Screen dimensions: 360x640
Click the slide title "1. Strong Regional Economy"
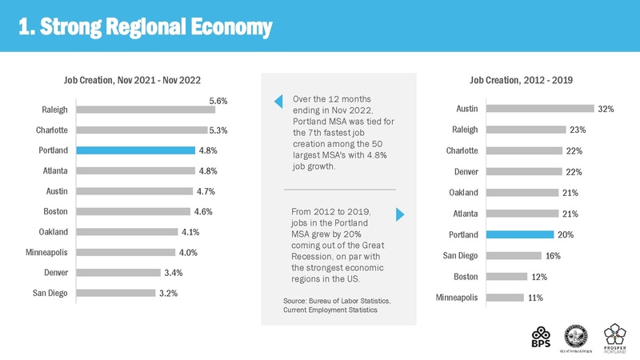tap(146, 26)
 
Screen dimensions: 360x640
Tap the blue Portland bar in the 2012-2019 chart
tap(519, 234)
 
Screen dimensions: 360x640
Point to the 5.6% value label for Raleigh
tap(218, 101)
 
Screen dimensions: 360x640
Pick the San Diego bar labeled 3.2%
tap(117, 293)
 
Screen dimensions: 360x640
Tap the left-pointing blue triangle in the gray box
tap(278, 101)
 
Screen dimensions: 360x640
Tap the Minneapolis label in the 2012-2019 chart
tap(457, 298)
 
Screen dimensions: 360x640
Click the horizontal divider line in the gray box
tap(339, 189)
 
